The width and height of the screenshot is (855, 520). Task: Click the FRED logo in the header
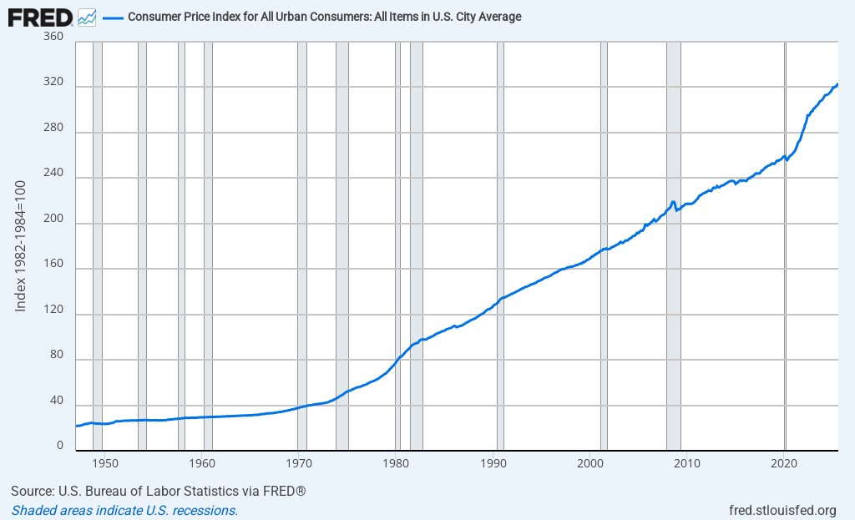[40, 17]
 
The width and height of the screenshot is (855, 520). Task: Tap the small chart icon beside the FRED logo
[86, 17]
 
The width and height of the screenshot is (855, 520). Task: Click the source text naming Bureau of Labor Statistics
[159, 491]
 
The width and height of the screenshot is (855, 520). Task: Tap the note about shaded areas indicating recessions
[124, 510]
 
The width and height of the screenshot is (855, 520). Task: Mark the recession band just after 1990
[500, 250]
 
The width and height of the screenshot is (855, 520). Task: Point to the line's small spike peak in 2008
[673, 201]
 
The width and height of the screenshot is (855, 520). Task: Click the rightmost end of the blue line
[837, 83]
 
